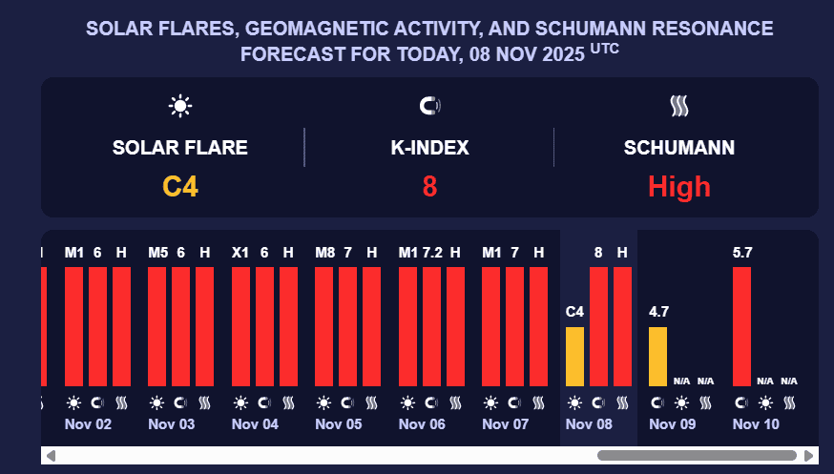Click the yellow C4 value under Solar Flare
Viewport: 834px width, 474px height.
[180, 186]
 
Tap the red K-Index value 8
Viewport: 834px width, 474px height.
[429, 186]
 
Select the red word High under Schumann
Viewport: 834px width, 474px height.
[679, 186]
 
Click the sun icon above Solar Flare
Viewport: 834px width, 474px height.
[180, 106]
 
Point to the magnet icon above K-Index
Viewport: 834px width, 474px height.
[429, 106]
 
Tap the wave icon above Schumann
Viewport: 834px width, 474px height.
[679, 106]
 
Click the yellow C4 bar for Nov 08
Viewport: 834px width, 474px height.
[574, 357]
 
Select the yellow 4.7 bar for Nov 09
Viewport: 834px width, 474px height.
[657, 357]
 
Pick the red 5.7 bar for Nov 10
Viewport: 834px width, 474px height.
[741, 326]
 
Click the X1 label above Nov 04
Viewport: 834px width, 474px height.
[240, 253]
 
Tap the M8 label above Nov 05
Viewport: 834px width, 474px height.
[324, 253]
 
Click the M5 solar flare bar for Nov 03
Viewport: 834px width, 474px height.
[157, 326]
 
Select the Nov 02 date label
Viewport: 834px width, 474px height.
[88, 423]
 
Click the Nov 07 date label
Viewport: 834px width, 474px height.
[506, 423]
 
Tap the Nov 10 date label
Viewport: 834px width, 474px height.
[756, 423]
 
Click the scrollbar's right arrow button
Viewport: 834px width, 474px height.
[809, 456]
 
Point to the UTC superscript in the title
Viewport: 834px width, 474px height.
[604, 47]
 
